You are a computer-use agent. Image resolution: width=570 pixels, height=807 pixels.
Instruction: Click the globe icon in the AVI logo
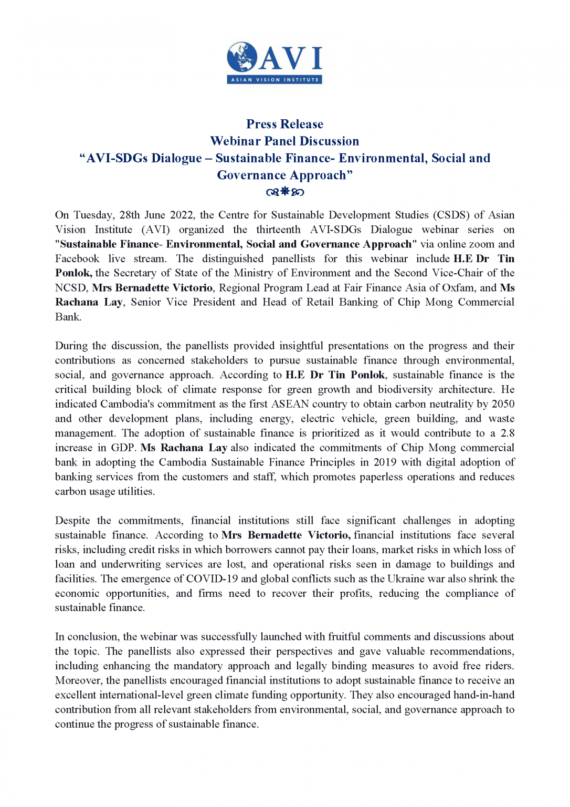pos(242,57)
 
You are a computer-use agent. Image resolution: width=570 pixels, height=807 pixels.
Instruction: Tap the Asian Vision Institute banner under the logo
pos(275,80)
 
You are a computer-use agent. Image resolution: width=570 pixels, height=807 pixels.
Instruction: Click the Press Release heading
pos(284,124)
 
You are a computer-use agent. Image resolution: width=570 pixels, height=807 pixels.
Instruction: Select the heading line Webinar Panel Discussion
pos(284,141)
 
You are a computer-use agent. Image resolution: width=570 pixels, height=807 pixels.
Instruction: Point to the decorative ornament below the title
pos(284,192)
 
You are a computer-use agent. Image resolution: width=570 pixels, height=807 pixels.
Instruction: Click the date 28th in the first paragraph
pos(130,215)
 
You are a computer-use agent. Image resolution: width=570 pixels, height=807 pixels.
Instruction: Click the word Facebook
pos(77,258)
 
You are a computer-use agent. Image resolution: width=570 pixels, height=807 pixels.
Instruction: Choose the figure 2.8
pos(507,433)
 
